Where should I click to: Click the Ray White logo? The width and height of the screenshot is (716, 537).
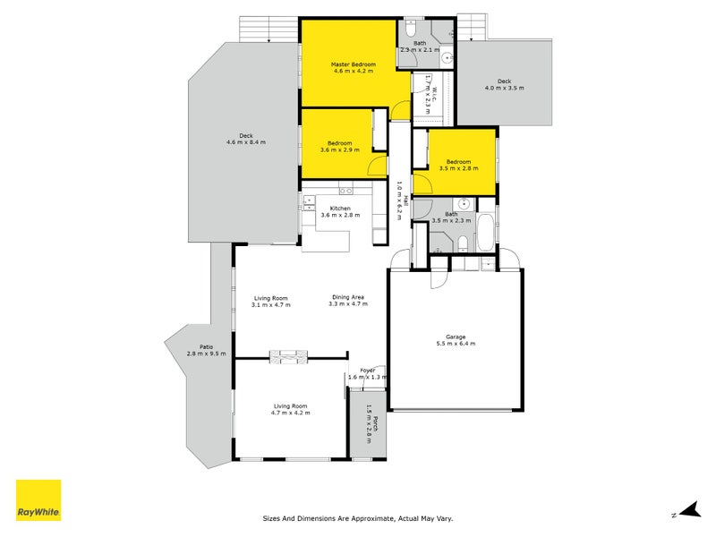pos(38,500)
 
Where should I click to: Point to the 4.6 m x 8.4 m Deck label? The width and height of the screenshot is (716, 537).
pos(246,139)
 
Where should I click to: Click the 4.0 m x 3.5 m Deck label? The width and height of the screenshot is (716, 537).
pos(505,84)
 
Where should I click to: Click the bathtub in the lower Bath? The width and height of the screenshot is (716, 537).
pos(486,232)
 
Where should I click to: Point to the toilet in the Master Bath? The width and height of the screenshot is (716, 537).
pos(410,29)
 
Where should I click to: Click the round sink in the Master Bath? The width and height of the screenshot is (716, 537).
pos(447,58)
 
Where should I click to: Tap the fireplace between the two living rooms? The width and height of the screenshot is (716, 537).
pos(288,357)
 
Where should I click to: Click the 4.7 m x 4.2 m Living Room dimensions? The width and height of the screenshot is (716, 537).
pos(290,413)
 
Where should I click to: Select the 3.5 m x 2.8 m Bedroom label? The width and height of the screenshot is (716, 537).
pos(459,165)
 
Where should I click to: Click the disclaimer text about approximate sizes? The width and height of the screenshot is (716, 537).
pos(358,518)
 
